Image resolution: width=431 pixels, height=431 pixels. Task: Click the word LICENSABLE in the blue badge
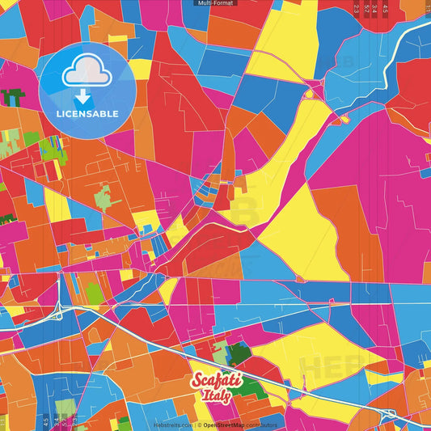(x=87, y=113)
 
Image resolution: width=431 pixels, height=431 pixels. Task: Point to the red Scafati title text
(x=213, y=382)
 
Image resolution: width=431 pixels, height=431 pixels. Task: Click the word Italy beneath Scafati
(x=215, y=396)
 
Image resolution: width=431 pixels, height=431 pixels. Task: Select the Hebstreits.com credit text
(x=172, y=425)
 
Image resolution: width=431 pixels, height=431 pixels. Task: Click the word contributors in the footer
(x=263, y=425)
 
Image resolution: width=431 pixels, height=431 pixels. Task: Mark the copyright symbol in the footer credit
(x=198, y=425)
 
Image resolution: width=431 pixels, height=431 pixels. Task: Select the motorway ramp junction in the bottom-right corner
(x=391, y=414)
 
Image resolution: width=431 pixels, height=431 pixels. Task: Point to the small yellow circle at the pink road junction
(x=308, y=94)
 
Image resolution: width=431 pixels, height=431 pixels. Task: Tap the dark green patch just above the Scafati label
(x=239, y=353)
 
